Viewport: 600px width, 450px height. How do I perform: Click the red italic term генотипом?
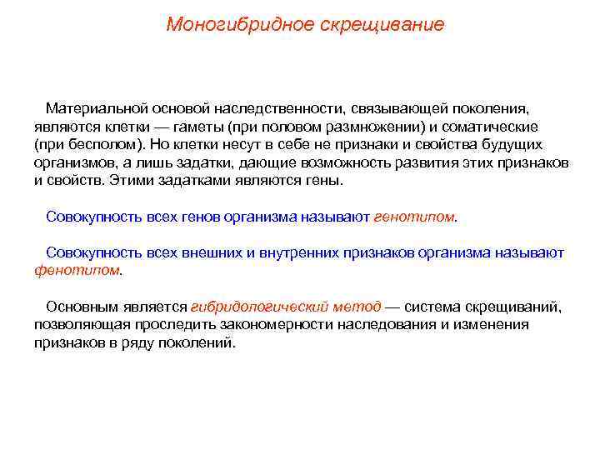[414, 217]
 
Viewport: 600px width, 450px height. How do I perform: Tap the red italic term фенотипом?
[77, 270]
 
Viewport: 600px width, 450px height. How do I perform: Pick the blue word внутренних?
[293, 252]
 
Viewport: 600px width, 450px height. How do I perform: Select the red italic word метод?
[359, 307]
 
